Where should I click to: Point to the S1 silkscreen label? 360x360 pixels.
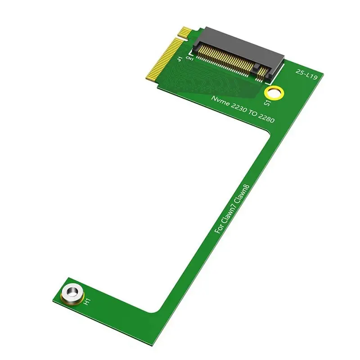click(267, 103)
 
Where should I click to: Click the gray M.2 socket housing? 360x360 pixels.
click(238, 45)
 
